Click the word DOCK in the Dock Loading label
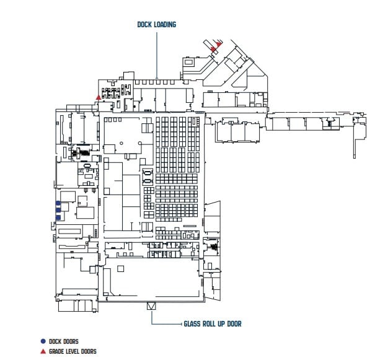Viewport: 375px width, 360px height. [x=145, y=25]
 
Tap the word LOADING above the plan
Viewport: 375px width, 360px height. [x=165, y=25]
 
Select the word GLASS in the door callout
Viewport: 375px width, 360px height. [x=192, y=323]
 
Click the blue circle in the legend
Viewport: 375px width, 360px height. [x=42, y=341]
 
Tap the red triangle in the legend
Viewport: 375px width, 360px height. [x=42, y=351]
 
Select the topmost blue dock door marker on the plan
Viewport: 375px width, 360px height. [x=58, y=203]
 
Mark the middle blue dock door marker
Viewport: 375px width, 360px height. [x=58, y=210]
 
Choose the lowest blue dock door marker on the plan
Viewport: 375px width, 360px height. [x=58, y=217]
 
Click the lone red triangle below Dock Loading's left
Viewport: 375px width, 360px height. [x=99, y=97]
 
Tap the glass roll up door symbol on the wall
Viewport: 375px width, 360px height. [x=151, y=306]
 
